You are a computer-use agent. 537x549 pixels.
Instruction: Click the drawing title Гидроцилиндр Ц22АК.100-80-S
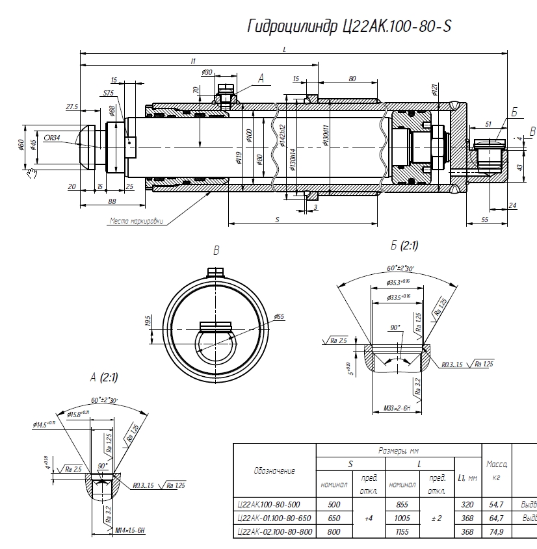click(349, 26)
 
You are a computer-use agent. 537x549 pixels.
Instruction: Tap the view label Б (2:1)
click(404, 246)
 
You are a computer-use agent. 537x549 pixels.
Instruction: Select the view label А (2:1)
click(104, 377)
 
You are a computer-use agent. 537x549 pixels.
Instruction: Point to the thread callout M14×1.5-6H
click(130, 531)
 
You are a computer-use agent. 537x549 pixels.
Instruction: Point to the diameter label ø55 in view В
click(279, 316)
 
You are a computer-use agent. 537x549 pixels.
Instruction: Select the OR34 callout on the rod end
click(52, 138)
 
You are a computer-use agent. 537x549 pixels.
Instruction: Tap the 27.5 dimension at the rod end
click(72, 107)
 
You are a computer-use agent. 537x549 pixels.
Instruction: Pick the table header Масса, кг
click(497, 470)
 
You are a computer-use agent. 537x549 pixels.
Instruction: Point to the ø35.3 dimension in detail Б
click(397, 283)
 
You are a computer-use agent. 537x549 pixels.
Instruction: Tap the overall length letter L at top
click(285, 49)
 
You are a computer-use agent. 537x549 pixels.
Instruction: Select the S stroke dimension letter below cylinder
click(278, 220)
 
